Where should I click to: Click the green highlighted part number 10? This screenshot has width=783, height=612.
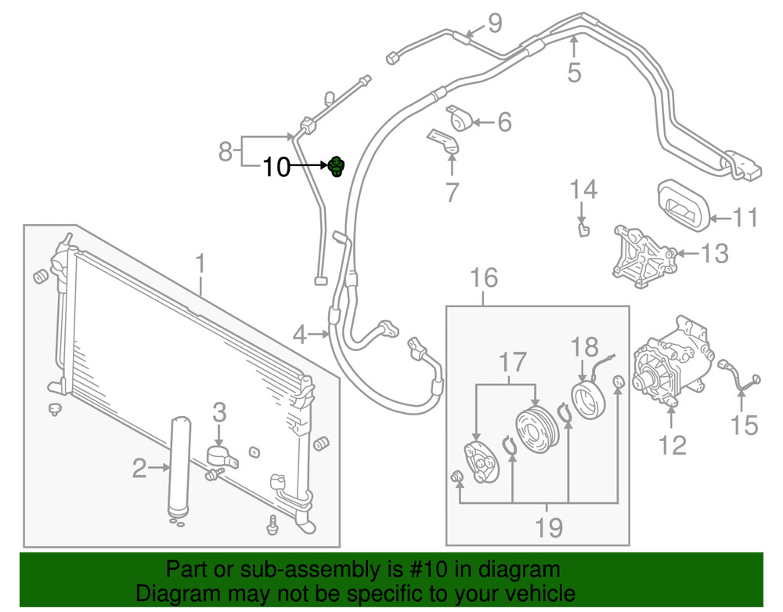click(337, 166)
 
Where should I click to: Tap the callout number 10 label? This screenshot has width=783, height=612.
click(276, 167)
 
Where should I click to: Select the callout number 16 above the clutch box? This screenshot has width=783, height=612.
click(484, 277)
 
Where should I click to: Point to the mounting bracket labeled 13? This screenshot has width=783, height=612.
click(645, 257)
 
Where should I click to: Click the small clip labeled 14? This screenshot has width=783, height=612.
click(584, 230)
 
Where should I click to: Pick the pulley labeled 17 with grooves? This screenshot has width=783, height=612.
click(535, 429)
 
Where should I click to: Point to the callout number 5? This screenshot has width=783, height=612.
click(574, 72)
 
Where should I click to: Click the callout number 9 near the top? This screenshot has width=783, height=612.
click(494, 23)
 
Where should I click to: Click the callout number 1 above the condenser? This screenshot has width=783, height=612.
click(200, 264)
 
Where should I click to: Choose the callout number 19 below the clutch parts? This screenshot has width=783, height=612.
click(548, 528)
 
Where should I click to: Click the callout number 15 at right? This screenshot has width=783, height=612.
click(744, 426)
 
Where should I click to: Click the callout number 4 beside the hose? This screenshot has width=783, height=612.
click(300, 335)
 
